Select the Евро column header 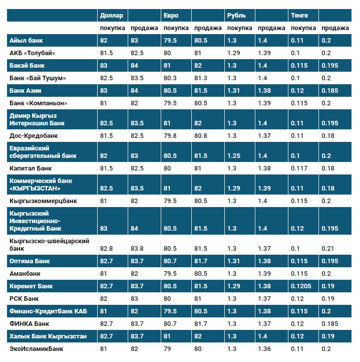tap(171, 16)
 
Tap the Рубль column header tap(236, 16)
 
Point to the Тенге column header tap(299, 16)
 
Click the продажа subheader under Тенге tap(335, 28)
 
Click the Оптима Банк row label tap(30, 261)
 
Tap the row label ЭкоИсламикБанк tap(37, 348)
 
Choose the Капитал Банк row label tap(31, 168)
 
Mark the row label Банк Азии tap(26, 91)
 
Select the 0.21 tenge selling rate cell tap(328, 249)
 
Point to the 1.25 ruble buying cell tap(234, 156)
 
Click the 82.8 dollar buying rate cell tap(107, 249)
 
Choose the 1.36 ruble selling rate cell tap(264, 348)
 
